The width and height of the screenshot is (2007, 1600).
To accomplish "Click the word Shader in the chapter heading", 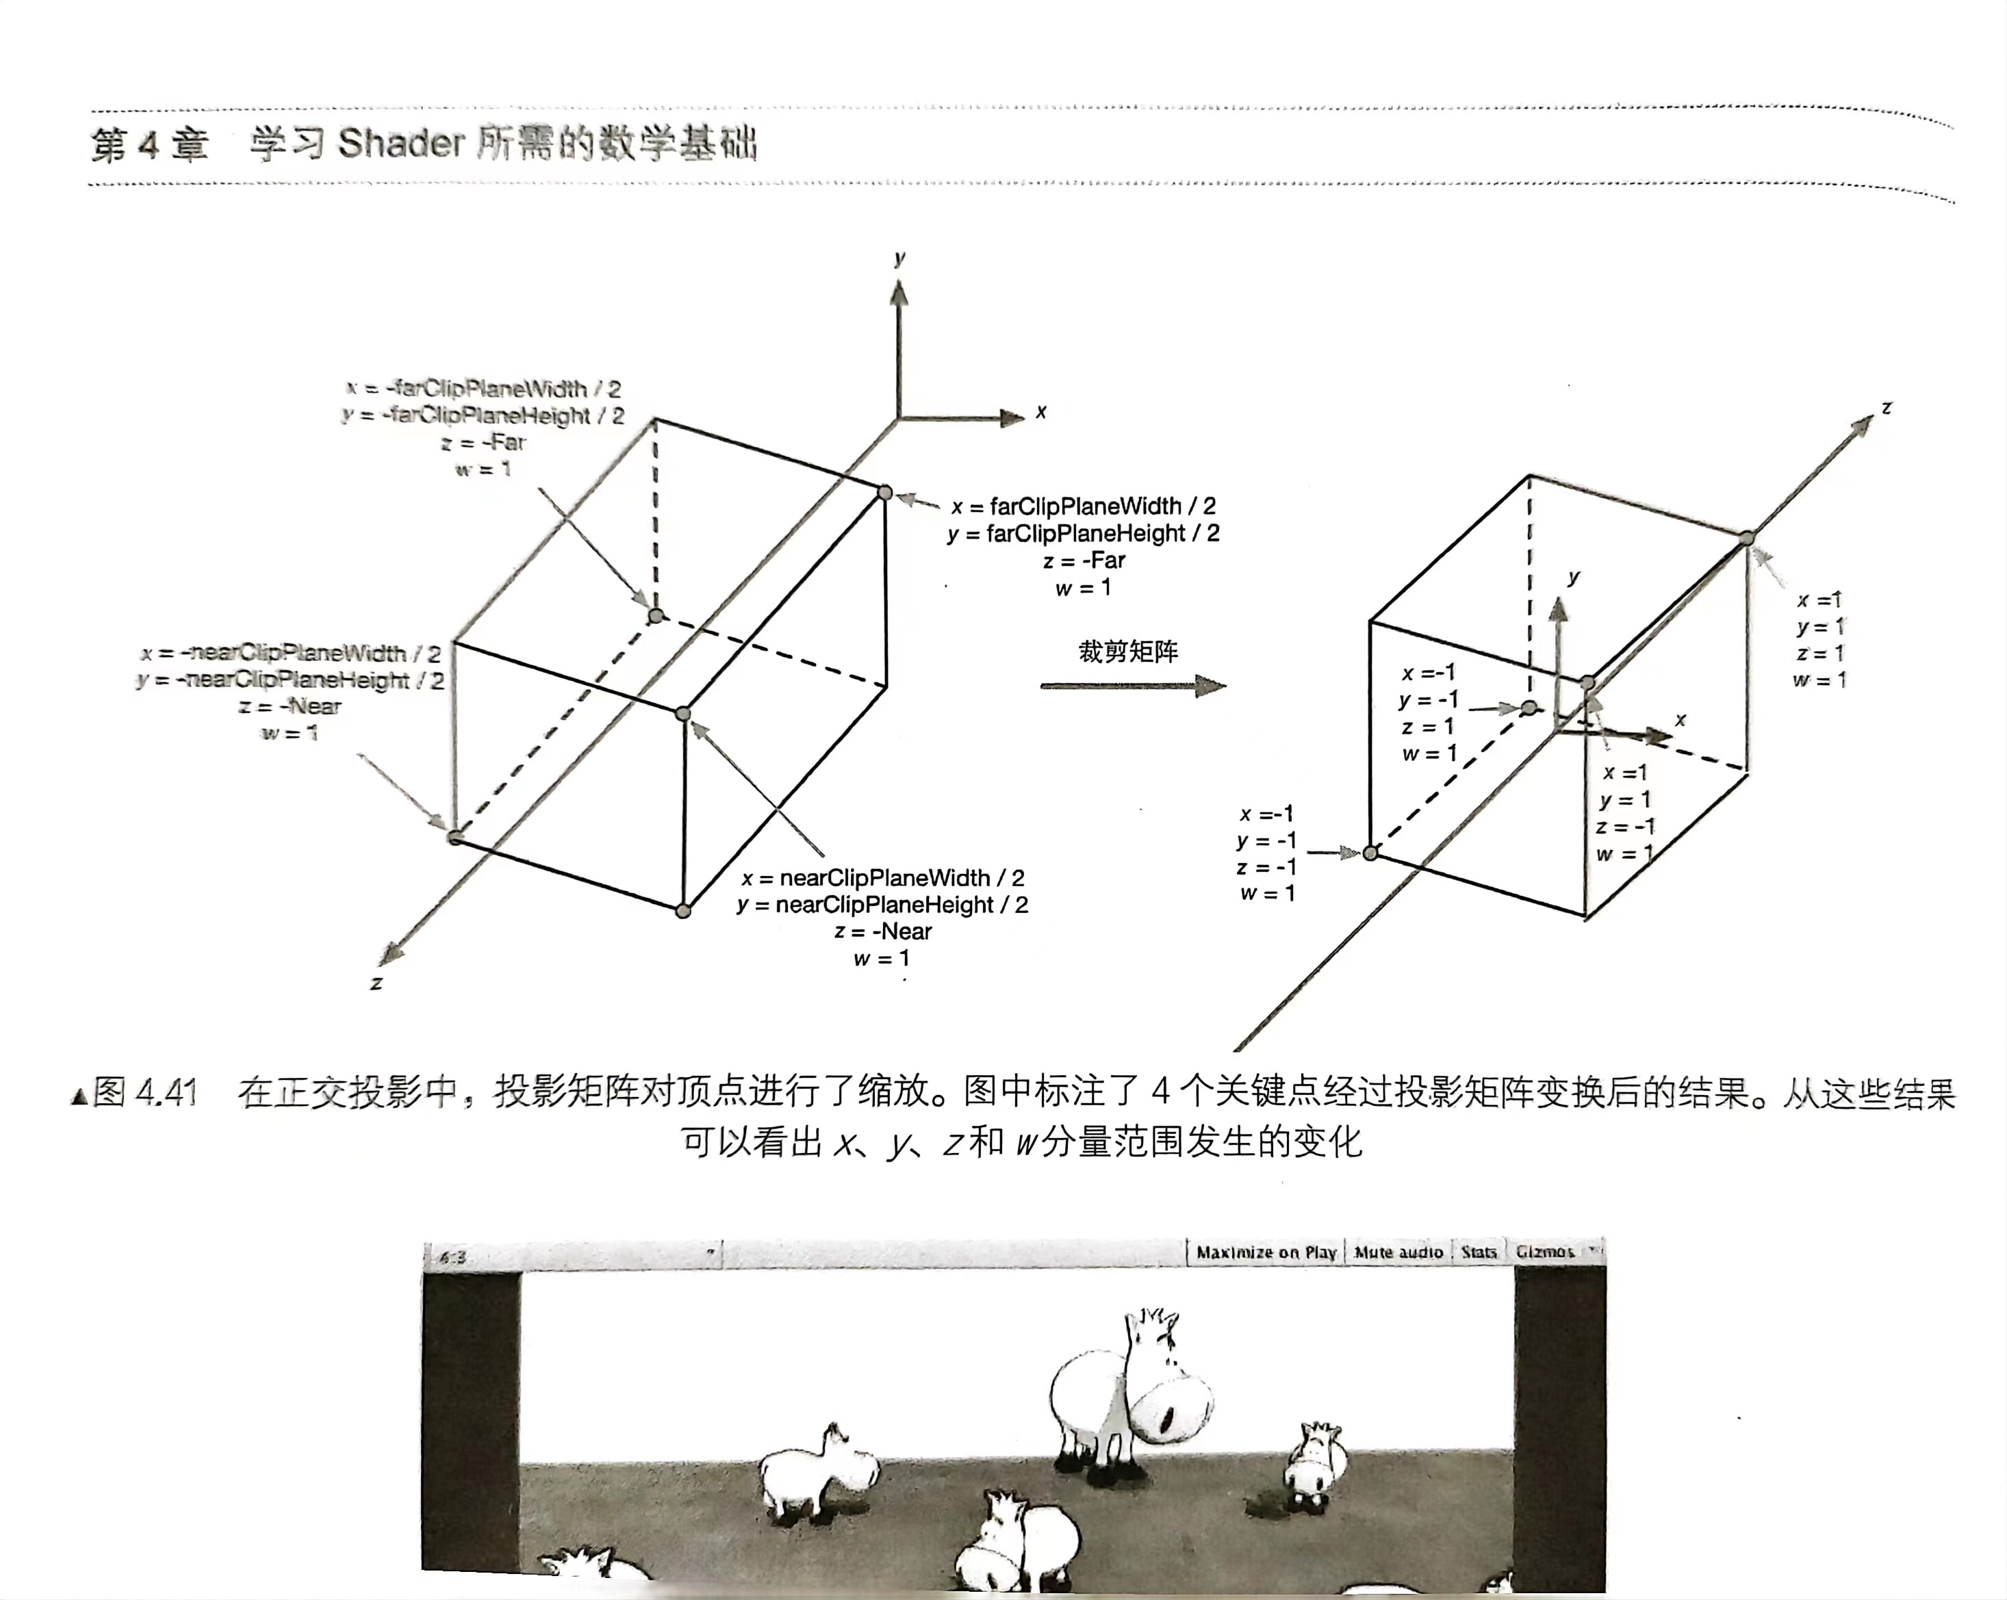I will pos(400,144).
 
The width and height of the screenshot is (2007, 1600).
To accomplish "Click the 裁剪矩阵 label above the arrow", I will pos(1127,651).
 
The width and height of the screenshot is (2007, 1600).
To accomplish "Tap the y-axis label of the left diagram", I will pos(899,258).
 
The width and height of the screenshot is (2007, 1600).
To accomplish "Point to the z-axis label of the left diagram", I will pos(376,983).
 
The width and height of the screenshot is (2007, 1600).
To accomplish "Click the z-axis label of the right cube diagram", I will pos(1886,408).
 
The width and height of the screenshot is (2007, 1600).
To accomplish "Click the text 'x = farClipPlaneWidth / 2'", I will pos(1083,506).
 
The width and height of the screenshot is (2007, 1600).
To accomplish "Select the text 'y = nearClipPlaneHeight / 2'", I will pos(882,905).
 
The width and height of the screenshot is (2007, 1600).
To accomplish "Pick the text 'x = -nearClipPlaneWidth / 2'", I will pos(290,654).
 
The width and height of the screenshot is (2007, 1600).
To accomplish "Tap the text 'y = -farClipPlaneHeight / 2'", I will pos(482,415).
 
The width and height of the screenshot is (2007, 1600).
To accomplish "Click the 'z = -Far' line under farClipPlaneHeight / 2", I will pos(1084,560).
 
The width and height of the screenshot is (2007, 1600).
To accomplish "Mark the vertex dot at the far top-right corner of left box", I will pos(885,492).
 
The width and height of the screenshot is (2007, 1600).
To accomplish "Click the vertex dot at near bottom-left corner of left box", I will pos(455,837).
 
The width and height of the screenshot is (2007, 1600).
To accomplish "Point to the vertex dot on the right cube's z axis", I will pos(1748,538).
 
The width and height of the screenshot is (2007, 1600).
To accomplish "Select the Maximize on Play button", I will pos(1266,1252).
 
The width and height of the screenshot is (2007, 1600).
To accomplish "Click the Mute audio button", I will pos(1398,1252).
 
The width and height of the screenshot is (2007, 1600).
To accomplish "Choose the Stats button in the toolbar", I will pos(1479,1252).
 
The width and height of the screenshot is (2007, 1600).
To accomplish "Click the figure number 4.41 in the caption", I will pos(166,1093).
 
